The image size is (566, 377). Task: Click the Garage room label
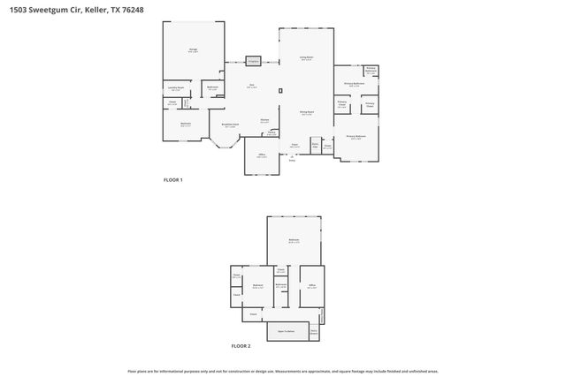pos(193,50)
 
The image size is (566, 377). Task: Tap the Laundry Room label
pos(176,88)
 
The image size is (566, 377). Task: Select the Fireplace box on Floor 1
pos(253,62)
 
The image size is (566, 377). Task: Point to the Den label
pos(252,86)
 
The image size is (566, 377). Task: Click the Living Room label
pos(306,58)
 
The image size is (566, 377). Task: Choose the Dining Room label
pos(306,112)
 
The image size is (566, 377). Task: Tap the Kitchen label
pos(264,121)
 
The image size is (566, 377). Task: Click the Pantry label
pos(272,133)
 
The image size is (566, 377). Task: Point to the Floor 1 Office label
pos(262,155)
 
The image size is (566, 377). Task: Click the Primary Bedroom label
pos(356,137)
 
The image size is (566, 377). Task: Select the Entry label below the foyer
pos(292,160)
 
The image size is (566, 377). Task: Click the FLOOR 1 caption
pos(172,180)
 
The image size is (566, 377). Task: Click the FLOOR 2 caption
pos(241,346)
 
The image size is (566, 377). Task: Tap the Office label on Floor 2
pos(312,286)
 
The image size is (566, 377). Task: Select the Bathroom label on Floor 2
pos(280,284)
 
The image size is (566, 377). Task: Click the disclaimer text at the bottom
pos(282,370)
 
